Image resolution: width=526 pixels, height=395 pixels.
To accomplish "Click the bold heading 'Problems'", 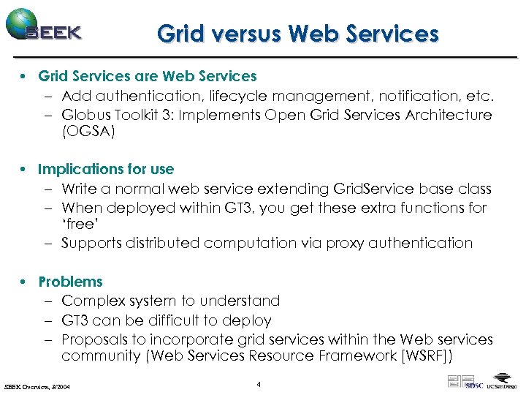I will (70, 282).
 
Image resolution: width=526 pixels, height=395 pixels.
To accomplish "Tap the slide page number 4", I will (259, 384).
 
